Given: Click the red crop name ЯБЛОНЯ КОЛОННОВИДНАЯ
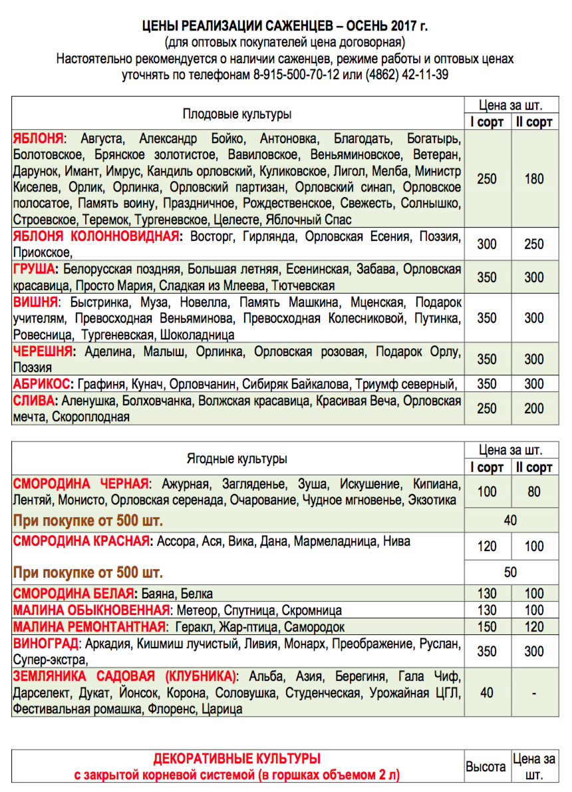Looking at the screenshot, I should [96, 237].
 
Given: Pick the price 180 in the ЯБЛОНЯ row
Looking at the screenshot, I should [533, 179].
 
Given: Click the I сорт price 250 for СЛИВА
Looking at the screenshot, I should [487, 409].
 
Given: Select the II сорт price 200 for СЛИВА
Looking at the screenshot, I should [533, 409].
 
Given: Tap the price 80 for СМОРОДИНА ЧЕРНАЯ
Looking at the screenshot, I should [533, 492].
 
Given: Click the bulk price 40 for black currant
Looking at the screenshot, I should [510, 520].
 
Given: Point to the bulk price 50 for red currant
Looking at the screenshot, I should [510, 572].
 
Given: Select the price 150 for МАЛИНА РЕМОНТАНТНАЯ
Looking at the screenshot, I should [487, 627].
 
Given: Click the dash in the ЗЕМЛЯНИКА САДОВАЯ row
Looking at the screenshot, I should [533, 693].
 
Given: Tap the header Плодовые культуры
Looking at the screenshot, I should [237, 114].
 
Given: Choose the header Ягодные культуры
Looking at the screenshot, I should [237, 459].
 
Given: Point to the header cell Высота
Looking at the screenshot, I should [486, 767].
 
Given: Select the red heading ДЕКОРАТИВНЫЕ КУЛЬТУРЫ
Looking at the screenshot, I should [237, 759].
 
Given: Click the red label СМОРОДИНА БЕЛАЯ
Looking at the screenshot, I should [72, 594].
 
